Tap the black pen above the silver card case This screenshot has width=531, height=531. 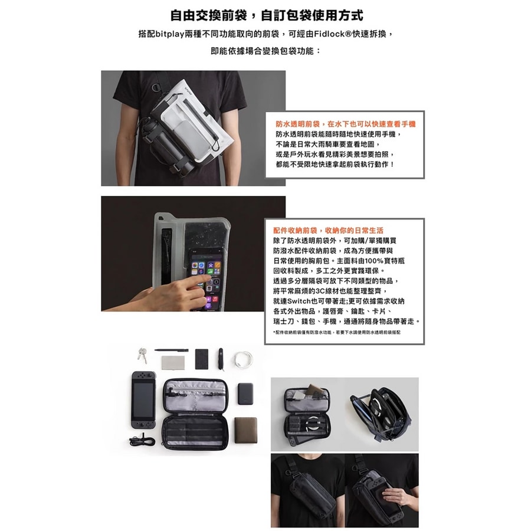click(x=172, y=350)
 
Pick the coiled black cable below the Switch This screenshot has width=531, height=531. click(x=142, y=441)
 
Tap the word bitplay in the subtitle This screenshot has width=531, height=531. click(x=171, y=35)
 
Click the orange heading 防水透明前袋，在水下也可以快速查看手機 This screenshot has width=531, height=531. click(x=346, y=124)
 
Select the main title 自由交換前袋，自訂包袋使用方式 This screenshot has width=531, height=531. click(x=266, y=15)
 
